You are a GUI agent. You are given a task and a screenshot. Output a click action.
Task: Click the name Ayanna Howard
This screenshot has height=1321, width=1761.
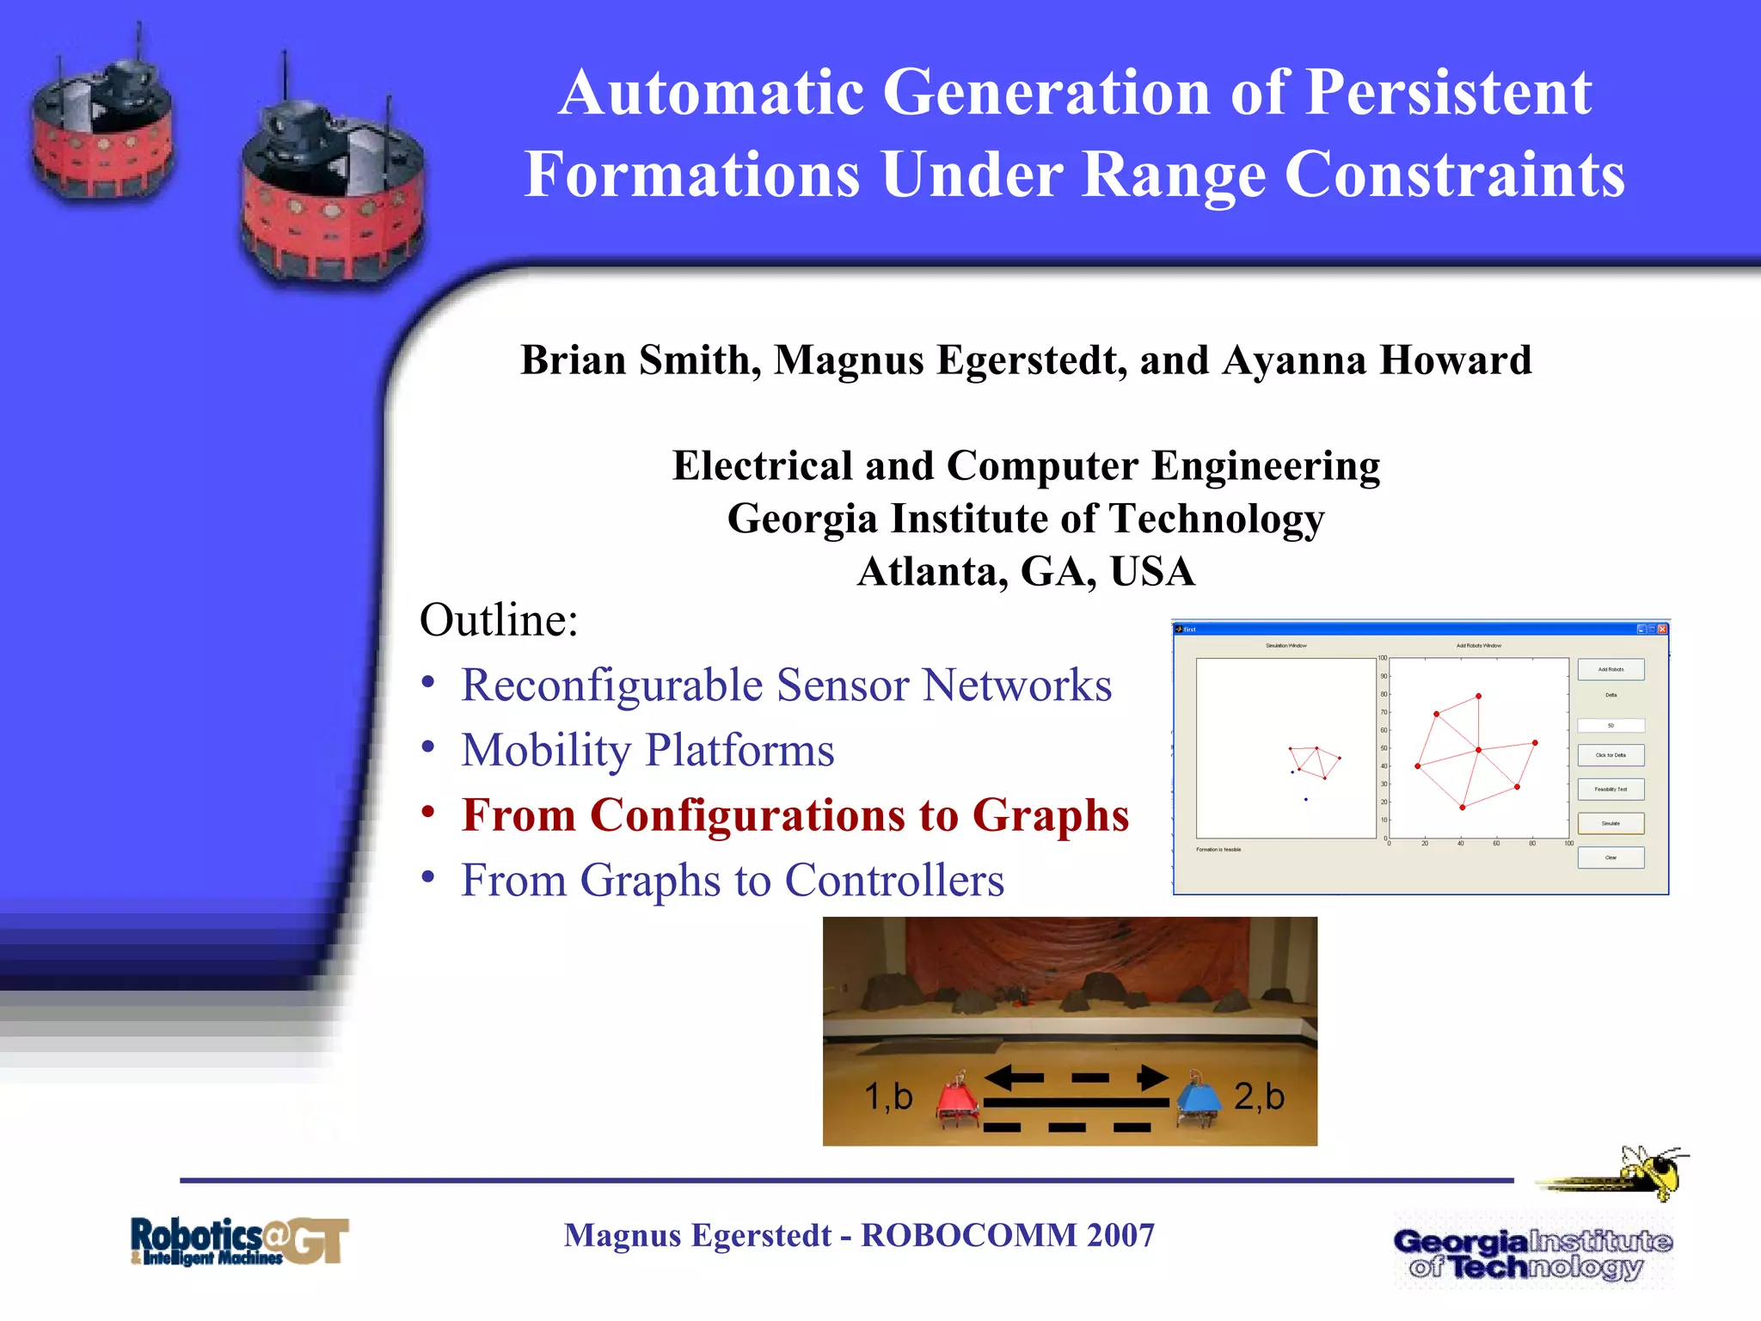[x=1377, y=360]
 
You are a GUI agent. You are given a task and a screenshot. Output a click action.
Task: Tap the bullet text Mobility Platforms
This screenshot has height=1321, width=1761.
[x=647, y=750]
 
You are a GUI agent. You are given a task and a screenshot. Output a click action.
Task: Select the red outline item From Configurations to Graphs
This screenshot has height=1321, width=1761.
[x=795, y=815]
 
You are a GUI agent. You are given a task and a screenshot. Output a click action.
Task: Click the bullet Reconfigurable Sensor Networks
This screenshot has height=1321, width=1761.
[x=786, y=685]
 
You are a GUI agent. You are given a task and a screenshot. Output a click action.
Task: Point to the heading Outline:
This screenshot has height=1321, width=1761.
[x=499, y=620]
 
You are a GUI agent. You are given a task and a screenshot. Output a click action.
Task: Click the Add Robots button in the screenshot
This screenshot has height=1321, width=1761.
[x=1611, y=669]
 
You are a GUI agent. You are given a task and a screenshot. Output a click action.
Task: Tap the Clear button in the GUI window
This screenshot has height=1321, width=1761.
[x=1611, y=857]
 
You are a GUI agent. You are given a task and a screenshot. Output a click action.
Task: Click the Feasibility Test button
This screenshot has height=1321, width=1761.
[x=1611, y=789]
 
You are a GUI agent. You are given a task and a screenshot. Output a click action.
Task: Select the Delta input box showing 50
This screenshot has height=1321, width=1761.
[x=1611, y=726]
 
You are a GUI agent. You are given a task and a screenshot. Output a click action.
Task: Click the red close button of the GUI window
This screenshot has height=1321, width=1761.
[x=1662, y=630]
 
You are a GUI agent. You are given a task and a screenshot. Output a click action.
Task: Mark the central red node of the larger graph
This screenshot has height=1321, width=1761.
[x=1478, y=750]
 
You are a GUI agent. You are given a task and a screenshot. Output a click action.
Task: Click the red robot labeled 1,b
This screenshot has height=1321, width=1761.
[x=957, y=1100]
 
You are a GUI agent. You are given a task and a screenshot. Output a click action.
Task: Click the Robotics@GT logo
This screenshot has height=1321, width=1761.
[x=239, y=1241]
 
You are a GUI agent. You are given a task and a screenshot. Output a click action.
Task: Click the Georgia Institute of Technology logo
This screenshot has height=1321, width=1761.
[x=1531, y=1254]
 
